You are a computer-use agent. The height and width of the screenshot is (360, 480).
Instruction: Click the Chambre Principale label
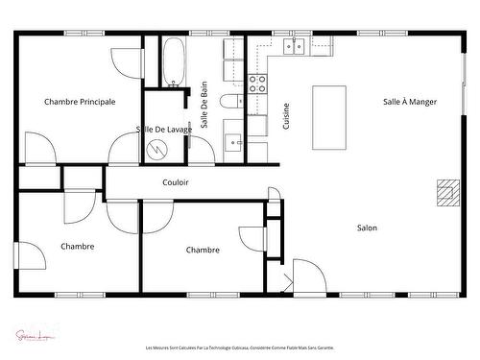[80, 101]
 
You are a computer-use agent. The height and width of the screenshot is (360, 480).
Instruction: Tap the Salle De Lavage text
[163, 129]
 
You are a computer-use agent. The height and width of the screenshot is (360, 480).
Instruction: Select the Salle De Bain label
[204, 106]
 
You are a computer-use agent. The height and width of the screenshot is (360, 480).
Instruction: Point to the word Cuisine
[286, 116]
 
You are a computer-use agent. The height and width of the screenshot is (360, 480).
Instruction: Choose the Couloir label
[176, 181]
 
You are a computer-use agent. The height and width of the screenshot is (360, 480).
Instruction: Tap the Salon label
[367, 228]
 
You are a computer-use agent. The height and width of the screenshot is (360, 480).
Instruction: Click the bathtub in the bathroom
[174, 61]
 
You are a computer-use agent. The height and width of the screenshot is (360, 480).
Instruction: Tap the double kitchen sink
[293, 45]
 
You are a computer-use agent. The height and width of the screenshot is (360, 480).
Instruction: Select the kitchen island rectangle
[329, 117]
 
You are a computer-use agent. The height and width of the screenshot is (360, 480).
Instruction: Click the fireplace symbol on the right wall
[446, 192]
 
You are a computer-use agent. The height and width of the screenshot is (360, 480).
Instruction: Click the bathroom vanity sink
[234, 142]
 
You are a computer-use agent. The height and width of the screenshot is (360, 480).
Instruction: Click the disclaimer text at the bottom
[240, 348]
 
